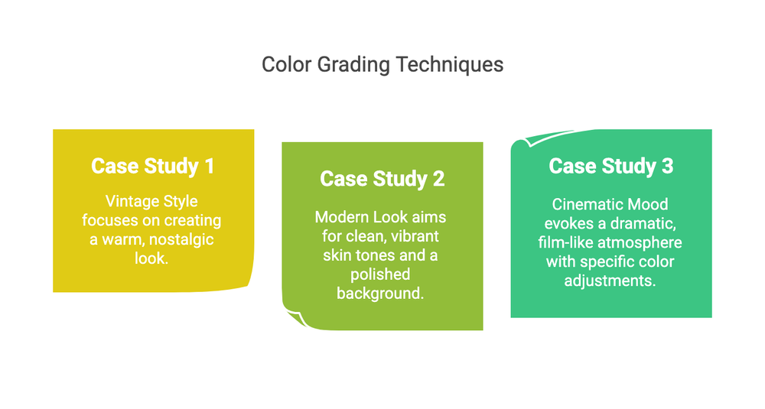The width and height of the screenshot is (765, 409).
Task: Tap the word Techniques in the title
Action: (449, 64)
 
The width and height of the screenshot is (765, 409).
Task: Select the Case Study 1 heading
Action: (152, 166)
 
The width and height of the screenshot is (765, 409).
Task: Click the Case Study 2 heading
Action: (382, 179)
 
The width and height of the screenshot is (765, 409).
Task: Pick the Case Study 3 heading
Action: (611, 166)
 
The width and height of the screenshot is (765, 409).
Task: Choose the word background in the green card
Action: (380, 293)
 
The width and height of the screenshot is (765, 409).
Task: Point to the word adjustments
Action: (610, 280)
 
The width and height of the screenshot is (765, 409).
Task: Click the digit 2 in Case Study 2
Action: (438, 179)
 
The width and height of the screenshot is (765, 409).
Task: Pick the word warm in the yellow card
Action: (115, 239)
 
